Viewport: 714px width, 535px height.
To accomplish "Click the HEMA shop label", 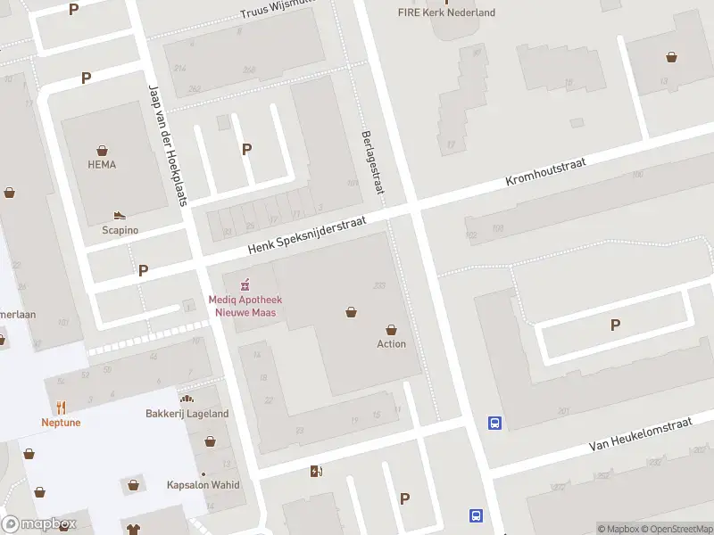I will [102, 164].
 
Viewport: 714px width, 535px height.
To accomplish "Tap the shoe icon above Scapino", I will [120, 216].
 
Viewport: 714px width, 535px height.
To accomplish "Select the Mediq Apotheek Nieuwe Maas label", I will [243, 306].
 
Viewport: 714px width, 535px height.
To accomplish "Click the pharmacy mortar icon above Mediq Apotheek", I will [243, 285].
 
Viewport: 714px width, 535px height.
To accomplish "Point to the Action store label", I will [391, 343].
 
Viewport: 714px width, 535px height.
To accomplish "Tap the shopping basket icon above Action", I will [391, 329].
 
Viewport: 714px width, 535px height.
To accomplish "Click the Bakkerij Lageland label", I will [187, 413].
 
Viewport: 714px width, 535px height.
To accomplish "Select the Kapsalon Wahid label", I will [203, 485].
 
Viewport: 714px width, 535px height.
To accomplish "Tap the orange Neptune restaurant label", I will [61, 422].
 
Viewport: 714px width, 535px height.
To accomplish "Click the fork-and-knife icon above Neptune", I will [61, 407].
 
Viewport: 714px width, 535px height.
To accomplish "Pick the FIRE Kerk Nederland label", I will [446, 12].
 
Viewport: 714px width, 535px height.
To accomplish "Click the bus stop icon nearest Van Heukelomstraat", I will [494, 424].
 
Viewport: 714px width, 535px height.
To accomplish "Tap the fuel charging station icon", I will [315, 471].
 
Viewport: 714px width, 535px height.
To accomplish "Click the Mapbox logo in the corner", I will [39, 524].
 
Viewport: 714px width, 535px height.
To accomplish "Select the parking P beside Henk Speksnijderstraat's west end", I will [143, 270].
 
